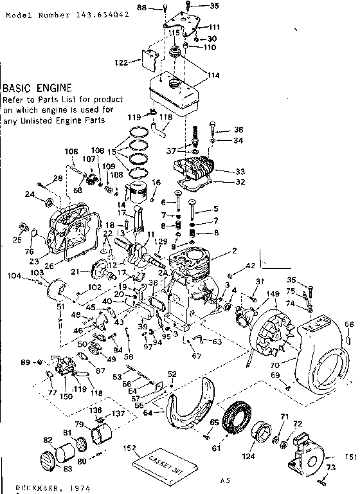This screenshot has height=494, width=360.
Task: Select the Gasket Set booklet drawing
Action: pyautogui.click(x=159, y=462)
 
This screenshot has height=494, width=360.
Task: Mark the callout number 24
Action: pyautogui.click(x=29, y=194)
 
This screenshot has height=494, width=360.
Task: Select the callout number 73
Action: pyautogui.click(x=332, y=467)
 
